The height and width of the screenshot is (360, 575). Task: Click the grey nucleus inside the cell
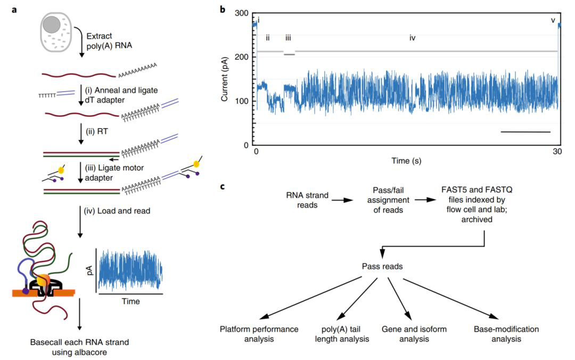click(x=51, y=24)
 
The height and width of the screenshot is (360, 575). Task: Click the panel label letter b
click(x=223, y=9)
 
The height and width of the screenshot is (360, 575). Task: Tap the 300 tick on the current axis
click(x=241, y=13)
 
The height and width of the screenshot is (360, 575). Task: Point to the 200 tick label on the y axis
click(x=241, y=57)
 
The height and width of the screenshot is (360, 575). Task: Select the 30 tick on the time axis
click(x=557, y=151)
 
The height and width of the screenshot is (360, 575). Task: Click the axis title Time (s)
click(x=406, y=161)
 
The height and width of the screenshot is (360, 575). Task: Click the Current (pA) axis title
click(x=225, y=79)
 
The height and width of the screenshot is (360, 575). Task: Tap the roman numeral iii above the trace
click(x=288, y=38)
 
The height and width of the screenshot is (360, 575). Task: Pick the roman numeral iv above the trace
click(x=413, y=38)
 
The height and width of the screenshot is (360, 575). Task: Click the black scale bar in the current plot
click(x=525, y=132)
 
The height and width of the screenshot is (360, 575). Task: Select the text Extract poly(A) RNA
click(x=109, y=40)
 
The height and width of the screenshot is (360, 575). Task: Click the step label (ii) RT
click(x=97, y=132)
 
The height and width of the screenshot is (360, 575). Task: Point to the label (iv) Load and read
click(x=117, y=211)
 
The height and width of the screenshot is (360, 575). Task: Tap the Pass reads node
click(x=382, y=266)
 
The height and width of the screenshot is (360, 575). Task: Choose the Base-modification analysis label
click(x=506, y=334)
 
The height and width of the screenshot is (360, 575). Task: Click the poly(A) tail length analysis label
click(x=342, y=334)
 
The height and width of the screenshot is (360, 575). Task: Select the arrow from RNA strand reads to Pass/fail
click(x=342, y=200)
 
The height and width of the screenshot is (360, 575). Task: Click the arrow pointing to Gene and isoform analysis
click(x=399, y=298)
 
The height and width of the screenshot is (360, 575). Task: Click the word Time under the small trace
click(x=131, y=301)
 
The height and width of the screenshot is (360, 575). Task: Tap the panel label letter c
click(x=223, y=186)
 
